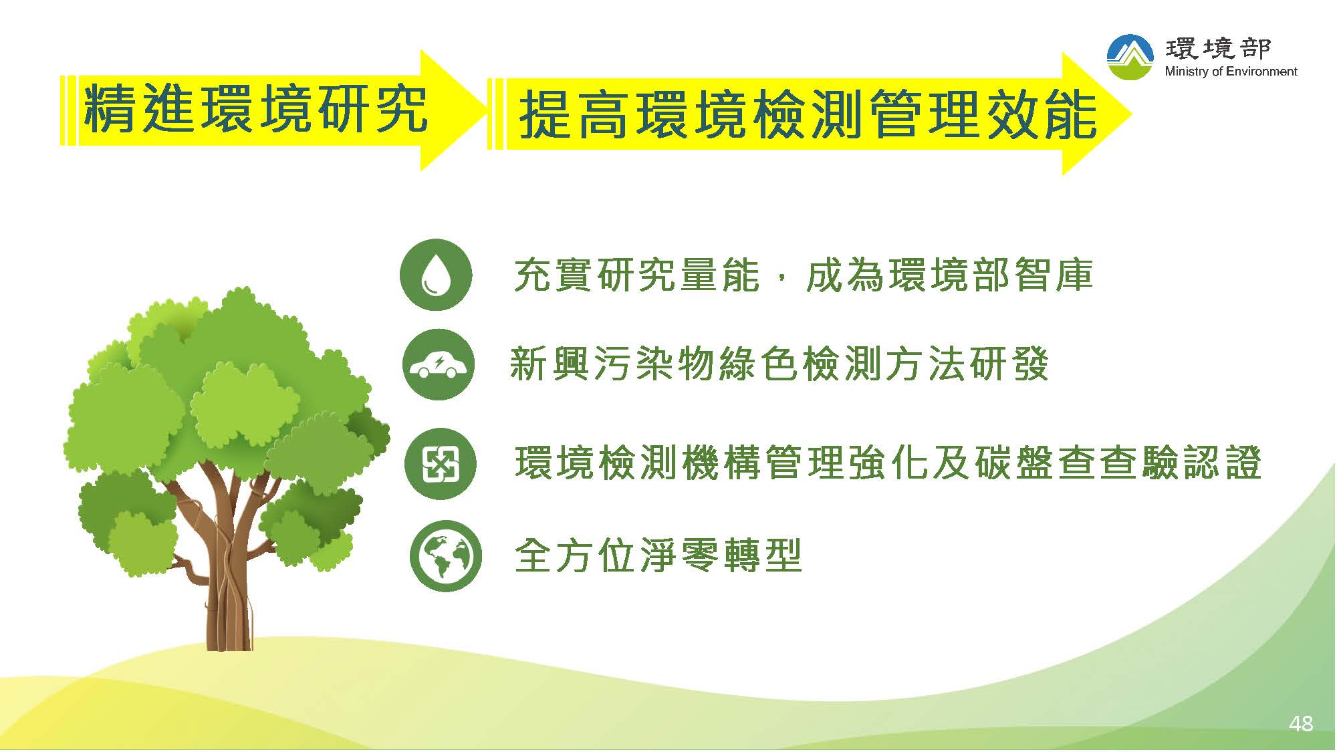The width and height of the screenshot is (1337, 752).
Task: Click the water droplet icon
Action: (436, 275)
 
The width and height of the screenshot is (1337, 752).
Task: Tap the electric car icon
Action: (439, 365)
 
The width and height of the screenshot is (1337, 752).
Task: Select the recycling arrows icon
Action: (441, 464)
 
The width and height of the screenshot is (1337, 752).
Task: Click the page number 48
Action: (1301, 724)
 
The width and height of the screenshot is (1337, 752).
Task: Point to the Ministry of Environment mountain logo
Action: (1130, 57)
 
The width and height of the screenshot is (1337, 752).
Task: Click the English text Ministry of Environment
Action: (1231, 72)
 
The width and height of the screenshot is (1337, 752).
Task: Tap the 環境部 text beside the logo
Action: (1218, 47)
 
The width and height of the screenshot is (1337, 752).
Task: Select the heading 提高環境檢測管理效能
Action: (808, 115)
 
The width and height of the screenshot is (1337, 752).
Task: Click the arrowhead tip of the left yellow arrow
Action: (489, 110)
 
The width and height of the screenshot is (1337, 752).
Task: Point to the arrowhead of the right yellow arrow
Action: (1096, 114)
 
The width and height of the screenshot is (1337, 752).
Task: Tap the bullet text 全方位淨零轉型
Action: (658, 556)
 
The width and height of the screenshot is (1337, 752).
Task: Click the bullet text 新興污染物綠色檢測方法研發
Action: (779, 365)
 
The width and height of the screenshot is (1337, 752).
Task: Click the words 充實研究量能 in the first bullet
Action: (637, 275)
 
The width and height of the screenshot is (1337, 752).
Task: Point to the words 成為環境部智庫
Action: (949, 275)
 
